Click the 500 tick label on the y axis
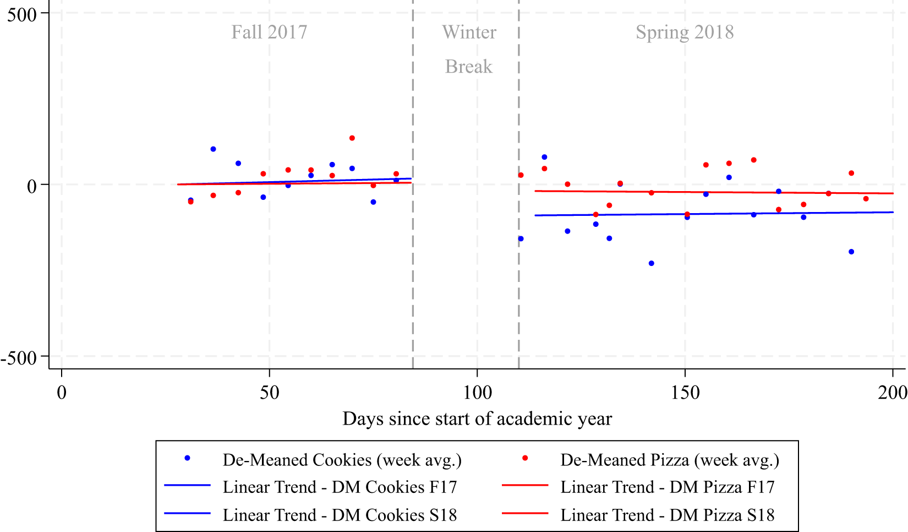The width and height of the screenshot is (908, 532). point(21,14)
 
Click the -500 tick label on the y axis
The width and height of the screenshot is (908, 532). point(19,358)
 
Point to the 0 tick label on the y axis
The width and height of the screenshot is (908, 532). point(32,186)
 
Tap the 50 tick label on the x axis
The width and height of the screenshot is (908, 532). point(269,393)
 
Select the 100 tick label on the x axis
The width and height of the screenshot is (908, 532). point(477,393)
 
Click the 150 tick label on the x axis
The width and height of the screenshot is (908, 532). point(685,393)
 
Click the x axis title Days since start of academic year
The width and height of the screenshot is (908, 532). point(477,419)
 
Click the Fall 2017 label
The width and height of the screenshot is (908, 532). point(269,32)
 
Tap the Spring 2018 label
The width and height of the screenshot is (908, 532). point(685,32)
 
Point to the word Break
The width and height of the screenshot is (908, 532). point(469,67)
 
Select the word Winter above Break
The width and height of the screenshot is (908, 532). point(469,32)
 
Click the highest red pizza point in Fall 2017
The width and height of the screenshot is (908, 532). point(352,138)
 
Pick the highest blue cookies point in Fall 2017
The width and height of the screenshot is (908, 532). point(213,149)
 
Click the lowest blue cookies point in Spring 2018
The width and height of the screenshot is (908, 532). point(652,263)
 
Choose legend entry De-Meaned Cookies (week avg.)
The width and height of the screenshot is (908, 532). point(342,460)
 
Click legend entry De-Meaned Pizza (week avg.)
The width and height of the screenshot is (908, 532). point(670,460)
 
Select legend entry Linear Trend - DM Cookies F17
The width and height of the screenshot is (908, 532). point(340,487)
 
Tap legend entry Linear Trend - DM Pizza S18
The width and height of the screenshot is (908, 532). point(667,515)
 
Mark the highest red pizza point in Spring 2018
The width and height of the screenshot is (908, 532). point(754,160)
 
